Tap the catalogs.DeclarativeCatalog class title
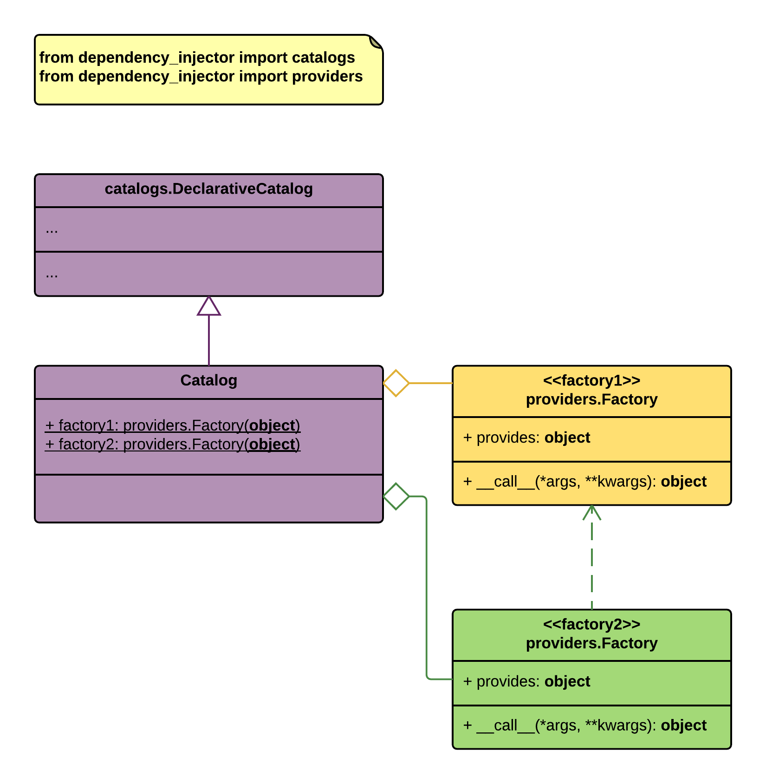(209, 189)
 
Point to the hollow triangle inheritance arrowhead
(209, 306)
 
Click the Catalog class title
(209, 380)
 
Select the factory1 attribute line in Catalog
(173, 425)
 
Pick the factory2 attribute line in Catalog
(173, 444)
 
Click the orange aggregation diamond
(396, 383)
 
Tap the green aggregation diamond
(396, 497)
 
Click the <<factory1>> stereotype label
(592, 380)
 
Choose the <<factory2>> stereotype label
(592, 624)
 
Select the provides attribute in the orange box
(527, 438)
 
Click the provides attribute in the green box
(527, 681)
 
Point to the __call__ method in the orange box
(585, 482)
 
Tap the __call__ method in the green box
(585, 725)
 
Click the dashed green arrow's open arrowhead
(592, 512)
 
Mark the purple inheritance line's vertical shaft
(209, 340)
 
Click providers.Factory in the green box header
(592, 643)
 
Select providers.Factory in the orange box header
(592, 399)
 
